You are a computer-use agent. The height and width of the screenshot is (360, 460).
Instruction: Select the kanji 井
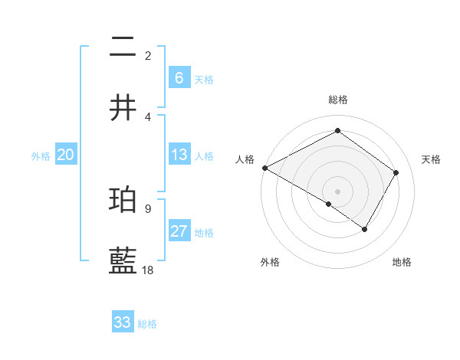(123, 107)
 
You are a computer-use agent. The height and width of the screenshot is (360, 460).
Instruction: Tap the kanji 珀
(123, 201)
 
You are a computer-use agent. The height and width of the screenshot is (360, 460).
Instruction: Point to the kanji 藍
(123, 261)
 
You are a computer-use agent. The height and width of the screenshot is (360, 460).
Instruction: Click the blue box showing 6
(179, 77)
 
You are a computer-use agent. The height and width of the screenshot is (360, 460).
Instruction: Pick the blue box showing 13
(179, 155)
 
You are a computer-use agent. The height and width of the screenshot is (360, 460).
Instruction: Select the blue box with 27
(179, 231)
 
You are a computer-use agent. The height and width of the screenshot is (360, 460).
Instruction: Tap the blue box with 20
(65, 155)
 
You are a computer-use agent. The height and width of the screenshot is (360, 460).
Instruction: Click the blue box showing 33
(123, 322)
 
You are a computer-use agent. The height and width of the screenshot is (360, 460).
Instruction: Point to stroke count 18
(148, 270)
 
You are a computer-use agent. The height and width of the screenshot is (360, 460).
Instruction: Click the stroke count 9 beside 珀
(148, 208)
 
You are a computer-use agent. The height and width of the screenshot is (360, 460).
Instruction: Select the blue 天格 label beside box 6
(204, 79)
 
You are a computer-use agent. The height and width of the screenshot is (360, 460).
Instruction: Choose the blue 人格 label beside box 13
(204, 156)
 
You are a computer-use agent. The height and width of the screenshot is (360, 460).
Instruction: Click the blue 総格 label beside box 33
(148, 324)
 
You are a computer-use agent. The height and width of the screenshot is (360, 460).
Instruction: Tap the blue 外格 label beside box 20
(41, 156)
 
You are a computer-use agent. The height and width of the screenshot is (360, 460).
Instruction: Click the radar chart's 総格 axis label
(337, 100)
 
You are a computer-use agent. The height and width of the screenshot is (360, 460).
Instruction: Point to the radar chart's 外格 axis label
(270, 262)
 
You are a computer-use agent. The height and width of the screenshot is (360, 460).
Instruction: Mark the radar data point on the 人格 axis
(264, 167)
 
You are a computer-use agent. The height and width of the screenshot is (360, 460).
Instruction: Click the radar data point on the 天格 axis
(396, 172)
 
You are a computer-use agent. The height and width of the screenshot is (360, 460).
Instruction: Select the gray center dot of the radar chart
(337, 191)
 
